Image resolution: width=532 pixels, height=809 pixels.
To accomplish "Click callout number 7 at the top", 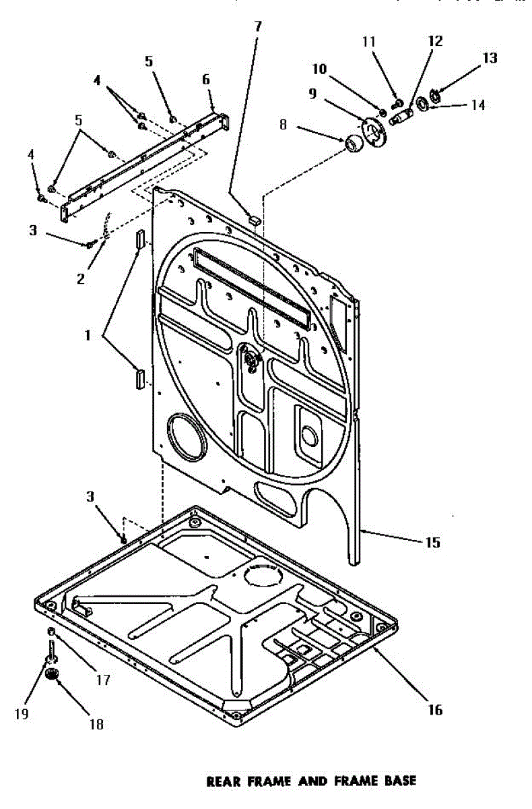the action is pos(257,27).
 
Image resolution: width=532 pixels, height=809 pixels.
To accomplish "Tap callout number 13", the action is pos(490,58).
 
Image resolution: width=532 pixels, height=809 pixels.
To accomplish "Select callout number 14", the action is pos(478,105).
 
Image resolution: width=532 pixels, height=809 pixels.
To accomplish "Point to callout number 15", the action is pos(433,542).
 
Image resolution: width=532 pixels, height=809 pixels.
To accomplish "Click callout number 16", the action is pos(435,710).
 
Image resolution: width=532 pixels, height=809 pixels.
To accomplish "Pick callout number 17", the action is pos(103,680).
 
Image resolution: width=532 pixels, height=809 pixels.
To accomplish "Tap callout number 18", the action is pos(96,724).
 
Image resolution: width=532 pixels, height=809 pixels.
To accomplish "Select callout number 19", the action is pos(22,714).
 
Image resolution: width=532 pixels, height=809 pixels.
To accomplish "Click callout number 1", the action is pos(88,336).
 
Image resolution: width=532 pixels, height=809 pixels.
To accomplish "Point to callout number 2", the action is pos(80,278).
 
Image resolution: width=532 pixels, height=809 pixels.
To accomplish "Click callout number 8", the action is pos(283,125).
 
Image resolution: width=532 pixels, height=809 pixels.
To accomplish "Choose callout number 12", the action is pos(435,41).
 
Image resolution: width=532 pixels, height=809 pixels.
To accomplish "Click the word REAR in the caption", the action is pos(224,781).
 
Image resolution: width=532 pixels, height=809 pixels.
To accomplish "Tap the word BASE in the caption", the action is pos(400,781).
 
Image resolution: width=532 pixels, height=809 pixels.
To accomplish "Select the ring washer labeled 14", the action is pos(422,103).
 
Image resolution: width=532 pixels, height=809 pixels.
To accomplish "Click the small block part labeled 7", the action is pos(255,219).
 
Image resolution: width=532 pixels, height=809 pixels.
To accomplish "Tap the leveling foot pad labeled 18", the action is pos(53,674).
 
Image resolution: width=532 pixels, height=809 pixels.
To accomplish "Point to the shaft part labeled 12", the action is pos(400,116).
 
